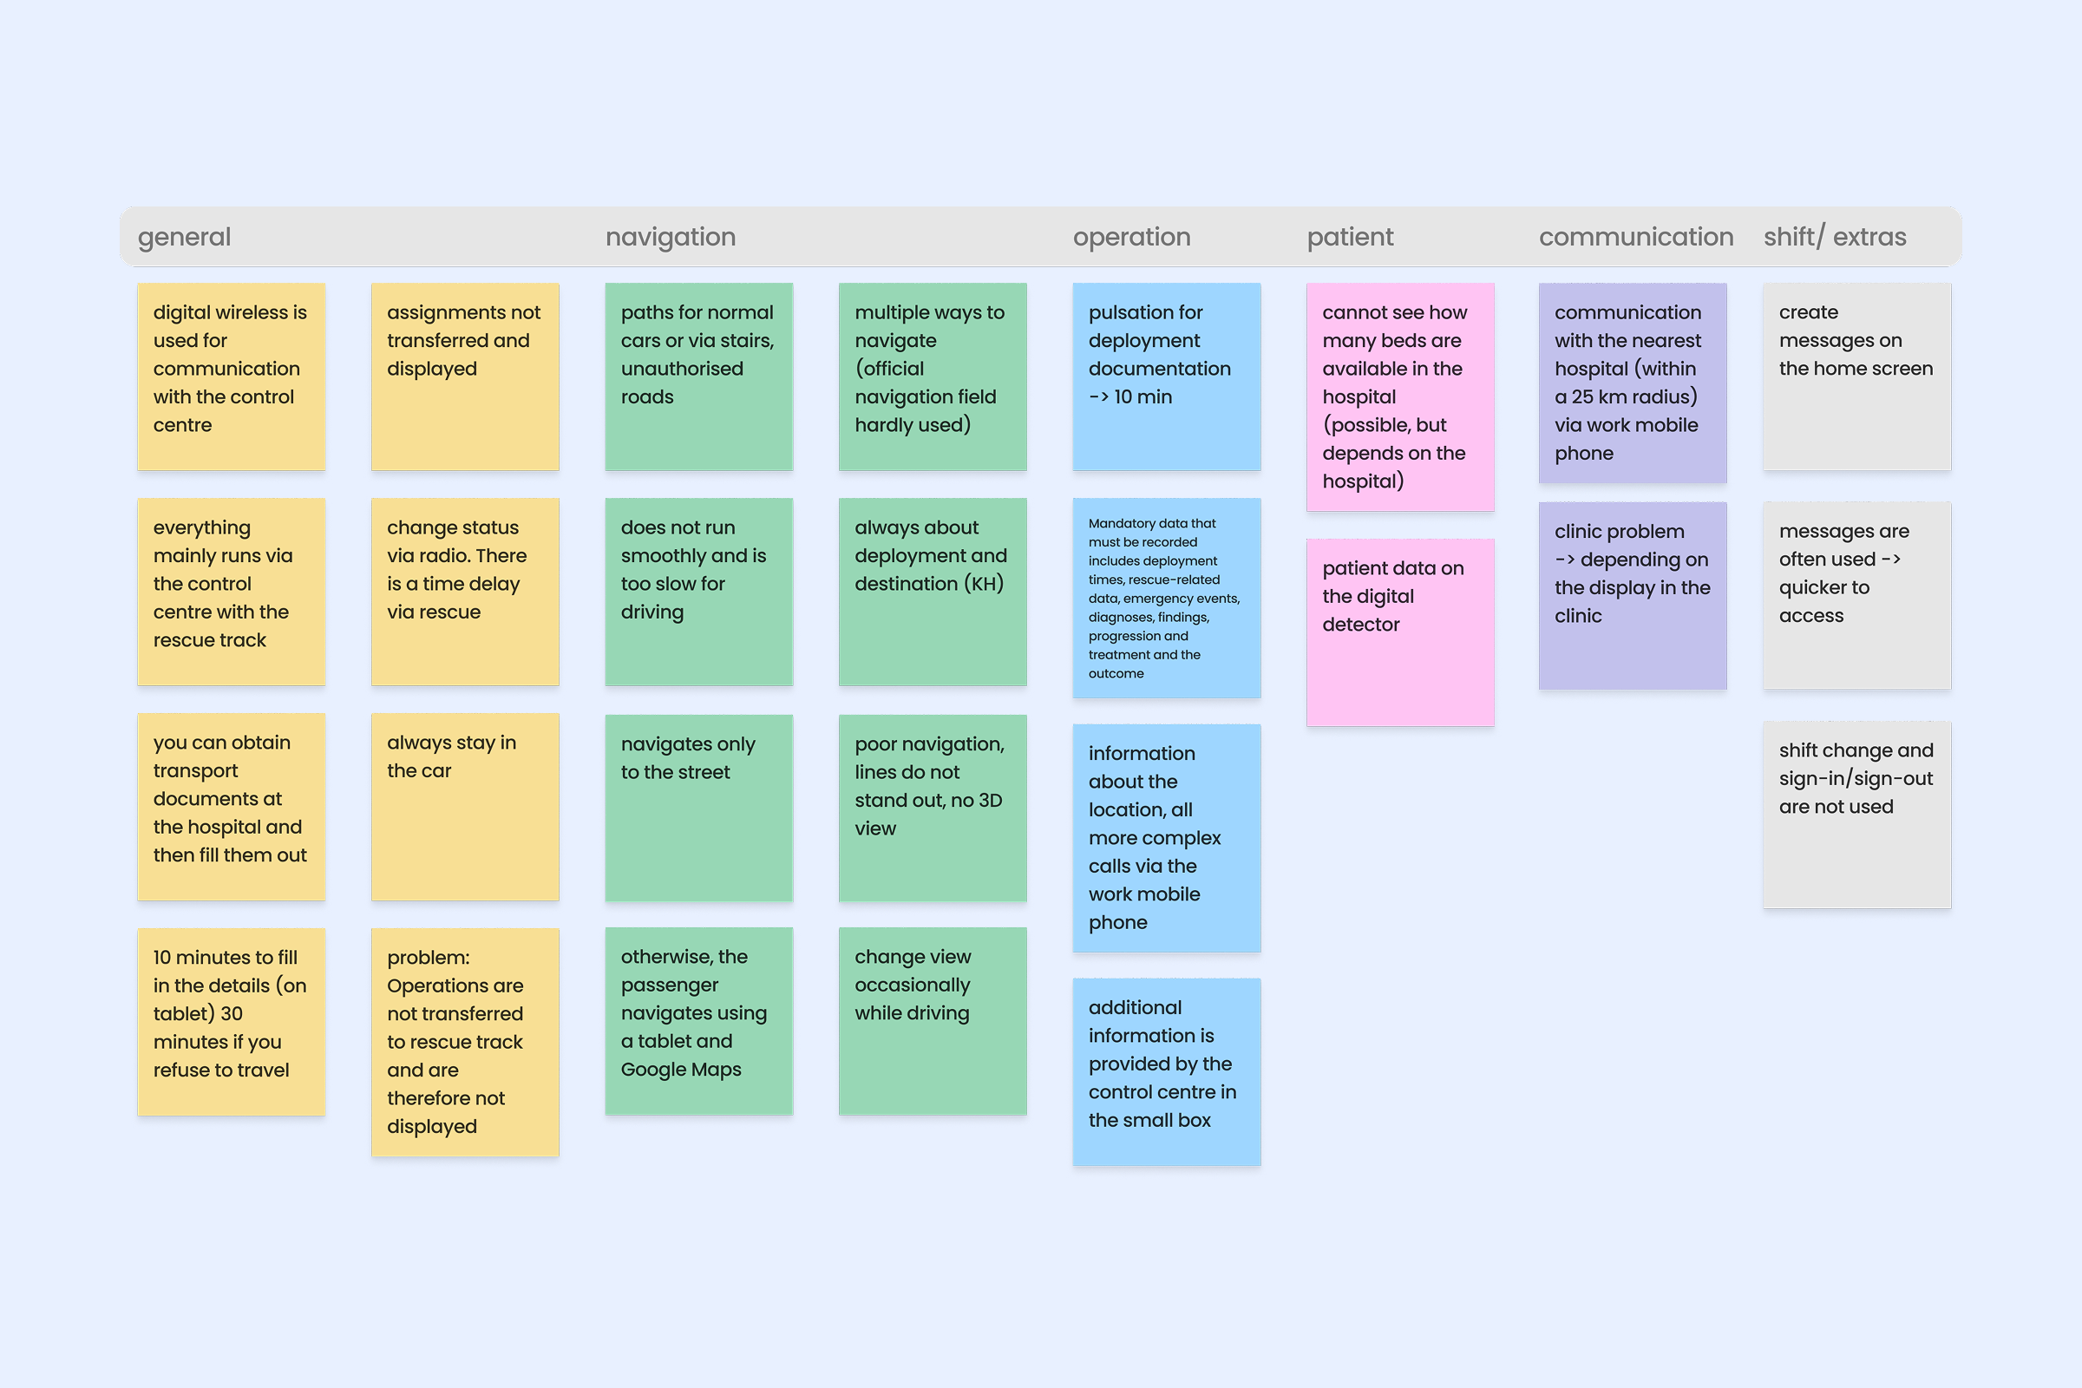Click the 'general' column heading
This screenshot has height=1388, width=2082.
point(184,237)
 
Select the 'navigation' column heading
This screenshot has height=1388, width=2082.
point(670,237)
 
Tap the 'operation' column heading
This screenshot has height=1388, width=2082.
point(1131,237)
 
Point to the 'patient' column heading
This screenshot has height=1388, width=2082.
point(1350,237)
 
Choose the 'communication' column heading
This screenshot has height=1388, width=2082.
point(1636,237)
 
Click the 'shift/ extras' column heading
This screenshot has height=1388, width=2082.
point(1834,237)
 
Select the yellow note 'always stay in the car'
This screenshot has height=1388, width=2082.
point(465,807)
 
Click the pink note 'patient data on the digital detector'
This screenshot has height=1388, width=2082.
point(1399,632)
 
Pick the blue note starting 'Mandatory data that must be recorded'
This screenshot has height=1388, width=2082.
point(1166,599)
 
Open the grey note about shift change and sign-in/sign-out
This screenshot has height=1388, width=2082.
point(1856,815)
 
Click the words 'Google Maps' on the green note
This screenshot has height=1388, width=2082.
point(681,1070)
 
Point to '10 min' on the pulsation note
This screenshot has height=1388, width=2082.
point(1142,397)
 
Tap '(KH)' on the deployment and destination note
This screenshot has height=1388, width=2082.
point(984,584)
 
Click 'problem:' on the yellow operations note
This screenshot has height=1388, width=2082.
point(429,958)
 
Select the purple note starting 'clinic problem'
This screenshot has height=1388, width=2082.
point(1633,595)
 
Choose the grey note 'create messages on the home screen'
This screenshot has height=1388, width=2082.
point(1856,376)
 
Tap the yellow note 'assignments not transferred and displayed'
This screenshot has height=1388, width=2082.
point(465,376)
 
